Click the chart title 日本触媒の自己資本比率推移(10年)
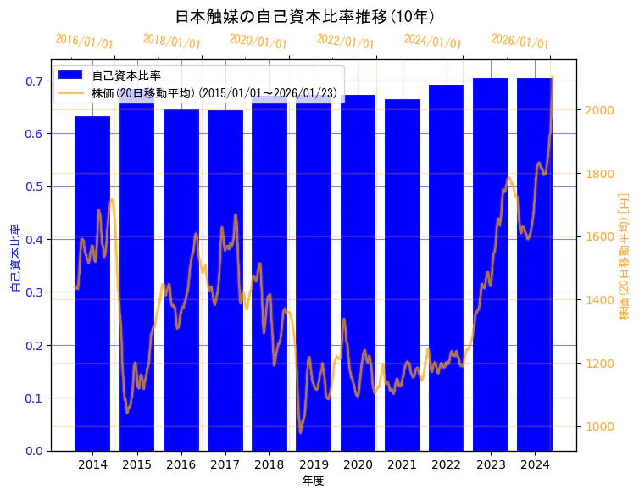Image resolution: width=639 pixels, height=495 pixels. (x=305, y=17)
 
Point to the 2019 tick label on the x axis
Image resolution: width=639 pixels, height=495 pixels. (x=314, y=464)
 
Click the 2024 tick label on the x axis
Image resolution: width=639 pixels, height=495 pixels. (x=535, y=464)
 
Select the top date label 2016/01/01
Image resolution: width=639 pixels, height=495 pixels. (x=84, y=42)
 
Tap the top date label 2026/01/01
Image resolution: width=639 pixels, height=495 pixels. (x=520, y=42)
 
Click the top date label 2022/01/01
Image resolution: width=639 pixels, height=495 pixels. (x=345, y=42)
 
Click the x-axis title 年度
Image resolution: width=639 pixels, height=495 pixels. (x=313, y=481)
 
